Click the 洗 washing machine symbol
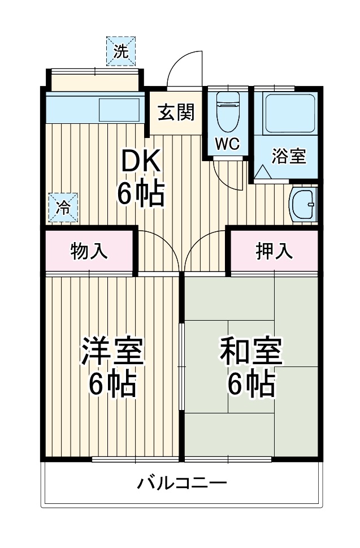coord(121,51)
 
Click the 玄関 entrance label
coord(176,113)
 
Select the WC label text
coord(228,144)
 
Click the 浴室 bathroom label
coord(289,156)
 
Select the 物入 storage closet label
coord(89,252)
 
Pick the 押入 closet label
coord(275,252)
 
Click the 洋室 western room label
coord(112,351)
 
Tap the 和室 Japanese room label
coord(250,351)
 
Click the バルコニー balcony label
coord(182,484)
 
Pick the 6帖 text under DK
coord(141,194)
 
